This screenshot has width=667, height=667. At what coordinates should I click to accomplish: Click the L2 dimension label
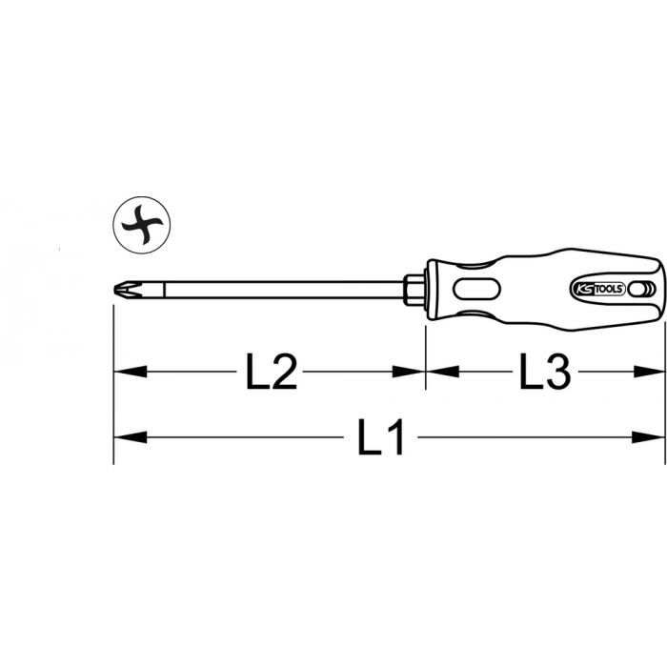tap(272, 373)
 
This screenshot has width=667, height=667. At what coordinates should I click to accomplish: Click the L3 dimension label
tap(545, 373)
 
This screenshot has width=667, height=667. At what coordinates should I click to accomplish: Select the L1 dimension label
tap(380, 437)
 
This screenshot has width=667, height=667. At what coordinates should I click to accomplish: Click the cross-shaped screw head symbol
tap(142, 225)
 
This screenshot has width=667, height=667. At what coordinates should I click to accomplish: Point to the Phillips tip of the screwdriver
tap(127, 290)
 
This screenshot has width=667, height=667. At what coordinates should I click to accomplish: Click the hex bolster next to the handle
tap(414, 290)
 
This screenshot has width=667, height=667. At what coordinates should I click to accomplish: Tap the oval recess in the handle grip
tap(476, 290)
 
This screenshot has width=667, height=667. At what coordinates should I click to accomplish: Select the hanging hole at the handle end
tap(637, 290)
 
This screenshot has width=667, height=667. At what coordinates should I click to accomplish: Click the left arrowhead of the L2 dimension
tap(131, 372)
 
